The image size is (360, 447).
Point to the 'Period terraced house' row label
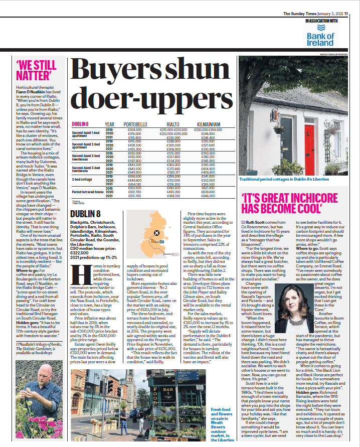pos(88,192)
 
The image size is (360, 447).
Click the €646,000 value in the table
pos(208,196)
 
